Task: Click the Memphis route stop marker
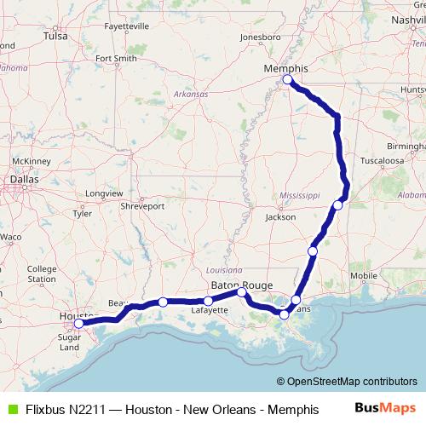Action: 287,80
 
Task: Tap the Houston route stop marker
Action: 78,323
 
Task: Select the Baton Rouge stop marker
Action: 242,292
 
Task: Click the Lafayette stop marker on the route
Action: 209,301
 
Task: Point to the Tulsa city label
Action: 55,37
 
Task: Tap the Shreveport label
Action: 142,205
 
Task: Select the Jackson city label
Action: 280,217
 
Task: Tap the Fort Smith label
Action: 116,58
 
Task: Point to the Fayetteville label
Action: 126,26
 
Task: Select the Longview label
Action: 104,193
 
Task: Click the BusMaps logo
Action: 385,408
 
